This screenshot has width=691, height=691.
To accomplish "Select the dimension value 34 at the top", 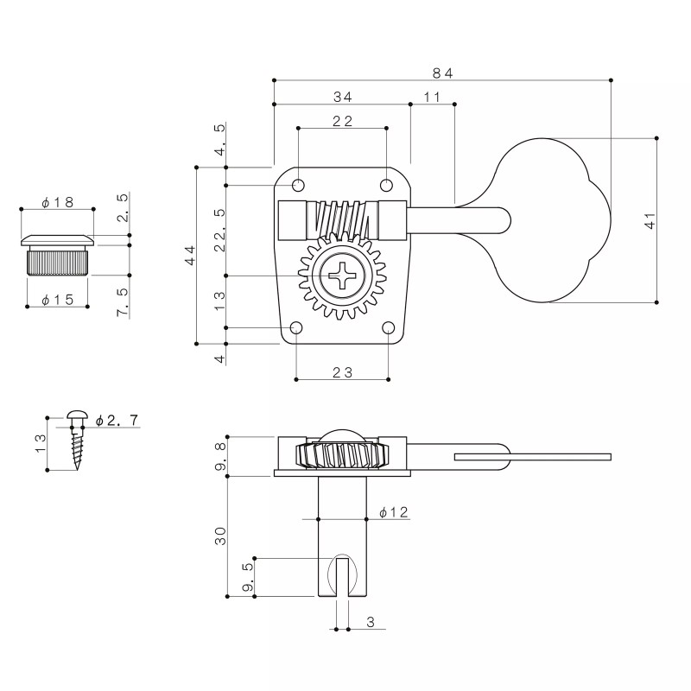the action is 341,98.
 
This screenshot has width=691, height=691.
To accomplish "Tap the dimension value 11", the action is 433,98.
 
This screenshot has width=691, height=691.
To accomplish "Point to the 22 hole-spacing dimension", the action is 342,122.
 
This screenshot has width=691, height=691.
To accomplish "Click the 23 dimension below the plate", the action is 343,372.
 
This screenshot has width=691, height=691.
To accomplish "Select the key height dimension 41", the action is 650,220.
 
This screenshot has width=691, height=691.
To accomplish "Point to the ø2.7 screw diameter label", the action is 117,421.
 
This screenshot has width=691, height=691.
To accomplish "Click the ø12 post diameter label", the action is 394,512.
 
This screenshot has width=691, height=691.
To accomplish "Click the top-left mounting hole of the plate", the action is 299,185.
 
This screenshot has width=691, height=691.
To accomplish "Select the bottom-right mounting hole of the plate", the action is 388,328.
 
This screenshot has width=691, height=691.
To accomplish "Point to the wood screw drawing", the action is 76,441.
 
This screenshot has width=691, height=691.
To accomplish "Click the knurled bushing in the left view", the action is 58,260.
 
